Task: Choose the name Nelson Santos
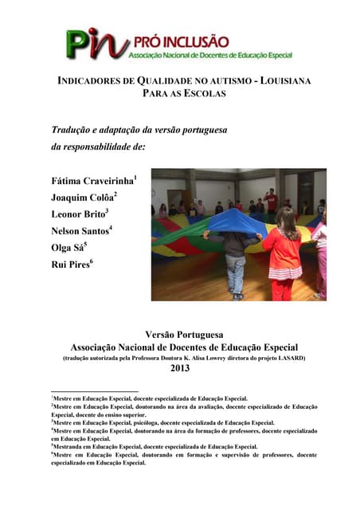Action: point(80,230)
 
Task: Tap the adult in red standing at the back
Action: point(271,200)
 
